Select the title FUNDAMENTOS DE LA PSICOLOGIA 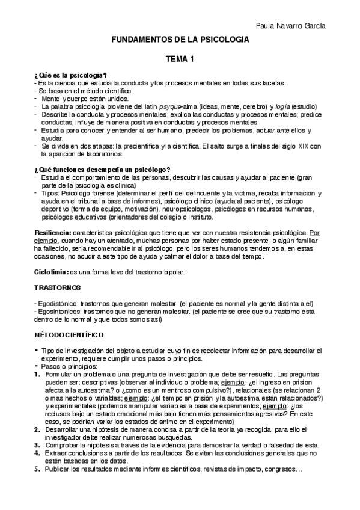[180, 40]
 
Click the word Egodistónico [58, 304]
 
